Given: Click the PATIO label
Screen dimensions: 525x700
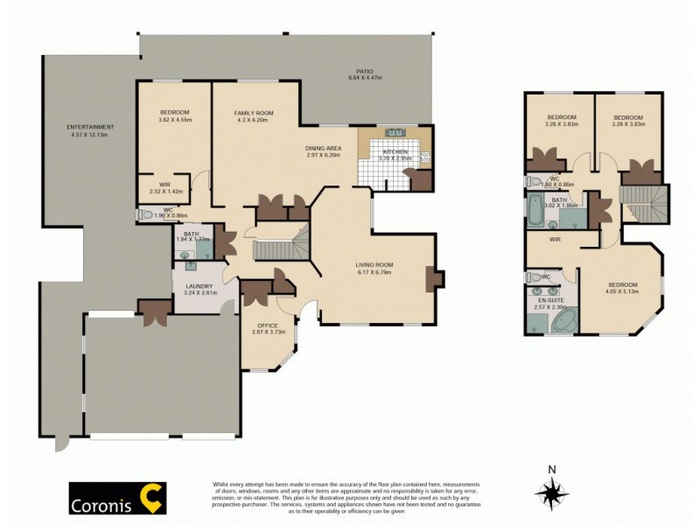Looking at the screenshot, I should click(x=365, y=71).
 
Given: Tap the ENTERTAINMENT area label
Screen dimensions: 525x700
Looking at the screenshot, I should click(x=90, y=128).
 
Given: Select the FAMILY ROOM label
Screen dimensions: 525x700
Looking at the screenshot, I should click(x=254, y=114).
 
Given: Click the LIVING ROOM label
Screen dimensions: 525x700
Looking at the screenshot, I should click(x=374, y=265).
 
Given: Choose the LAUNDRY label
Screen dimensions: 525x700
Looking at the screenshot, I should click(x=200, y=286).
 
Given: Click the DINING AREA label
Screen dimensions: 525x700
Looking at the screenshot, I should click(x=323, y=149).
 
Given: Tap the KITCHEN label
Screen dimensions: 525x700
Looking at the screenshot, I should click(x=394, y=152).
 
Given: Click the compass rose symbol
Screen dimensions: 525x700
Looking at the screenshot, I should click(x=551, y=494).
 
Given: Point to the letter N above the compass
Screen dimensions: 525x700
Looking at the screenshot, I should click(x=551, y=469).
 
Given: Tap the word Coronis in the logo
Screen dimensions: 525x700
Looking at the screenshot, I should click(x=103, y=504).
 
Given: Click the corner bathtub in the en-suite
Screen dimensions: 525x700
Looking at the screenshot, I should click(x=561, y=323).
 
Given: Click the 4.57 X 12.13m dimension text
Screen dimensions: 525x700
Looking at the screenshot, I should click(x=90, y=136).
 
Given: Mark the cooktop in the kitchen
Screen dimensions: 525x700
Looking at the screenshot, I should click(x=394, y=133).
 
